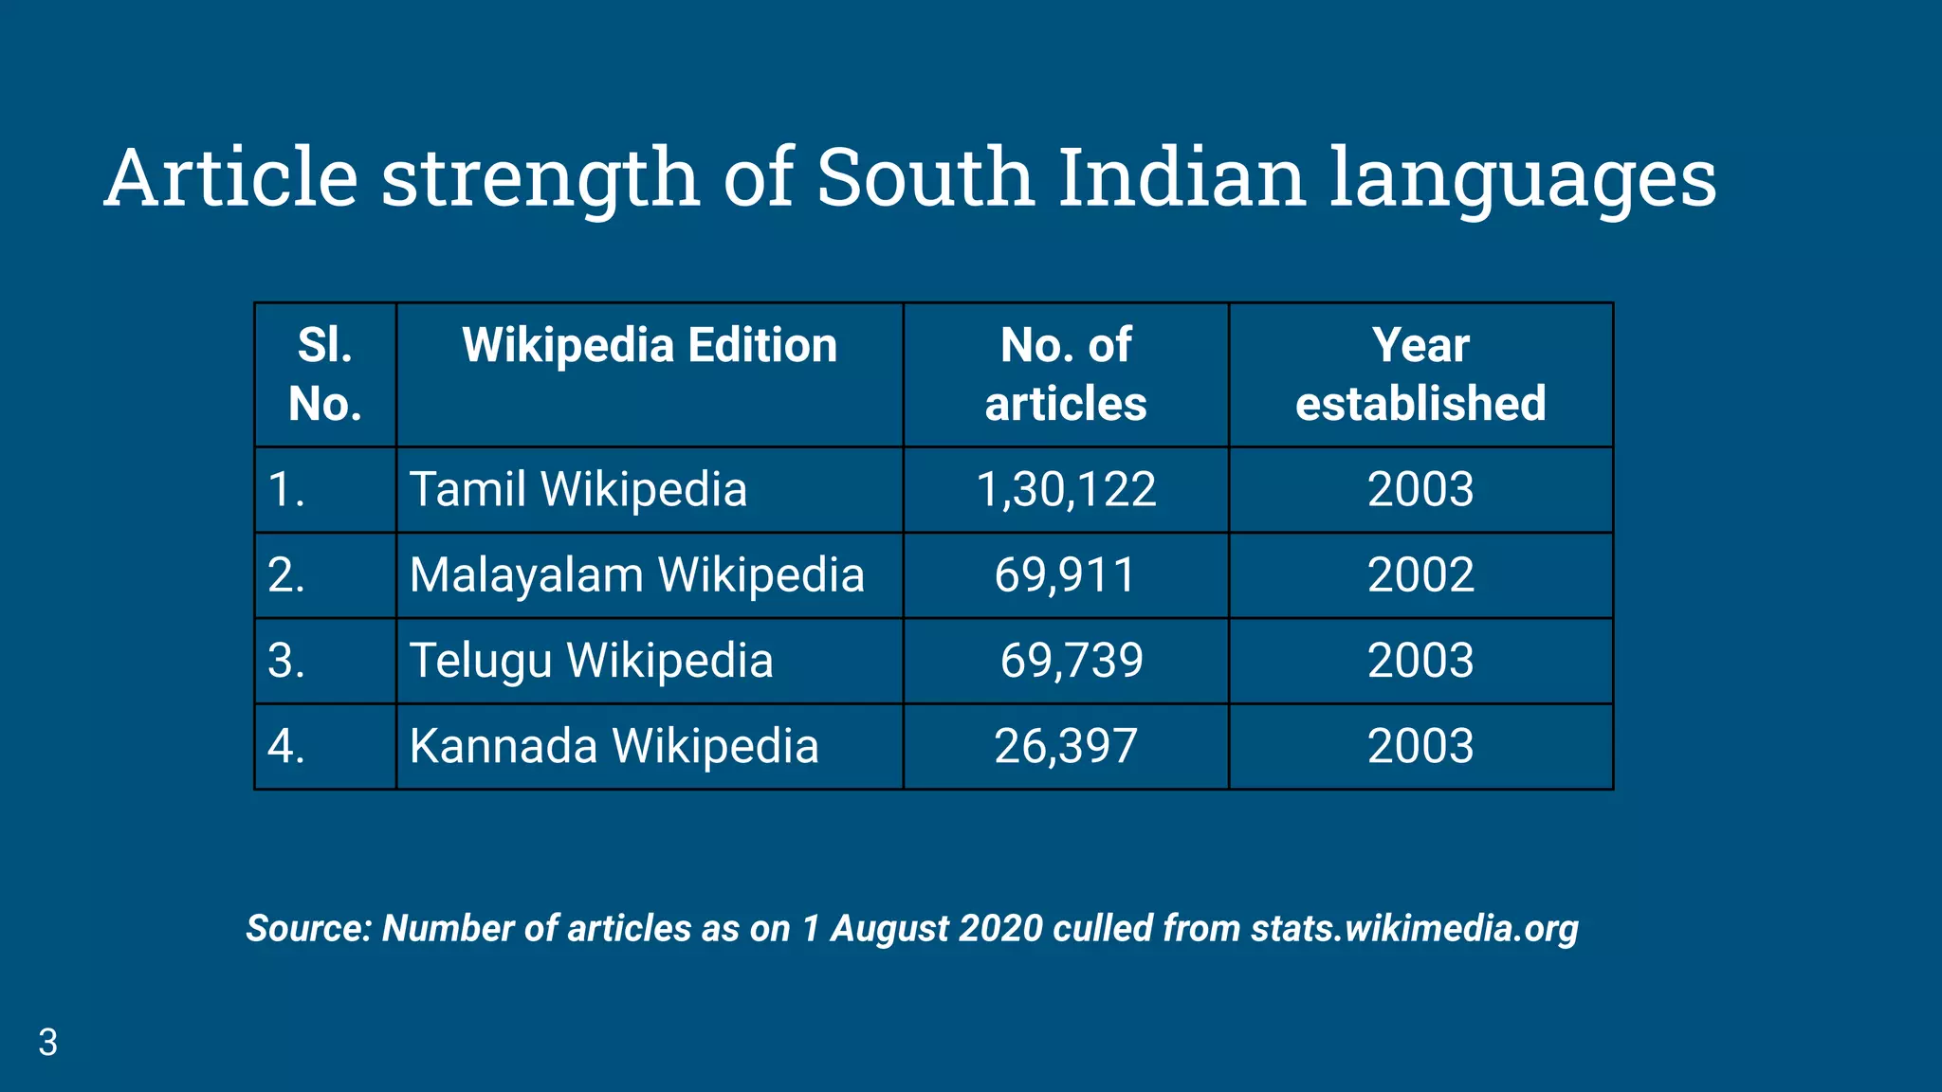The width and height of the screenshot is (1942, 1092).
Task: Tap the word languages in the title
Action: point(1522,180)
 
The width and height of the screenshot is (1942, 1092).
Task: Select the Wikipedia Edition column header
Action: point(650,346)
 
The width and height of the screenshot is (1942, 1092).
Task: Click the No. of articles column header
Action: point(1066,374)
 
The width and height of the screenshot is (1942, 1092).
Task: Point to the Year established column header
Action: point(1420,374)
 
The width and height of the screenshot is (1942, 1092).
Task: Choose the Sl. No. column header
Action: point(325,374)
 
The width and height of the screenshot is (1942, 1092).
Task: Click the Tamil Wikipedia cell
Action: point(577,490)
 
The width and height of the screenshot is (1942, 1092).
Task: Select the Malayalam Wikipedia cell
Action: point(636,575)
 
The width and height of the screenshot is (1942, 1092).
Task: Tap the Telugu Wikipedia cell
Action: point(591,661)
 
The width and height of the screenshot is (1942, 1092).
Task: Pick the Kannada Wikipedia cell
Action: point(614,746)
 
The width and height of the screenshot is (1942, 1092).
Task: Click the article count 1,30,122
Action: point(1066,490)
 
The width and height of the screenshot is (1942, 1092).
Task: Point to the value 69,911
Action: point(1065,575)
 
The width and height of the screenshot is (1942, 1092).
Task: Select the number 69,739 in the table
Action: point(1072,661)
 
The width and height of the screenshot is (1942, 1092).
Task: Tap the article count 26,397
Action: point(1065,746)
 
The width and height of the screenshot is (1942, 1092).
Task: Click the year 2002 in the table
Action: point(1420,575)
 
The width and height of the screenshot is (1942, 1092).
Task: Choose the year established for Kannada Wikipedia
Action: point(1420,746)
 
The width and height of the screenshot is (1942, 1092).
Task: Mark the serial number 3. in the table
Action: point(286,661)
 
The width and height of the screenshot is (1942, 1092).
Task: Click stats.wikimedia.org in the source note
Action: point(1414,929)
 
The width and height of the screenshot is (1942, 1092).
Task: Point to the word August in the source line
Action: point(889,929)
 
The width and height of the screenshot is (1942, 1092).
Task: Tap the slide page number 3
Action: point(47,1043)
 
